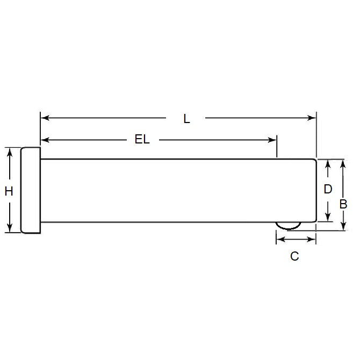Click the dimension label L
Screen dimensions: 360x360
186,119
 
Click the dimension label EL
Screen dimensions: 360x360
142,140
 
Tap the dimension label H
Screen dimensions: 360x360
9,191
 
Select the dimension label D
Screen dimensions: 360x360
327,189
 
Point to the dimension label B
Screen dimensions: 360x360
343,204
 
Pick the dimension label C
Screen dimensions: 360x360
294,256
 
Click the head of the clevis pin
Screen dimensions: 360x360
30,190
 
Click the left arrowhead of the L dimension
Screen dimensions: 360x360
44,118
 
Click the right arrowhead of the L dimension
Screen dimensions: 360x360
312,118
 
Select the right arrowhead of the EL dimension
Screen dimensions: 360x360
272,140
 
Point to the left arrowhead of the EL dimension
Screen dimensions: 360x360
44,140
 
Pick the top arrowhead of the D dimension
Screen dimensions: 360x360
327,163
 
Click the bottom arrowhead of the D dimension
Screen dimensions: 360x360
327,218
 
